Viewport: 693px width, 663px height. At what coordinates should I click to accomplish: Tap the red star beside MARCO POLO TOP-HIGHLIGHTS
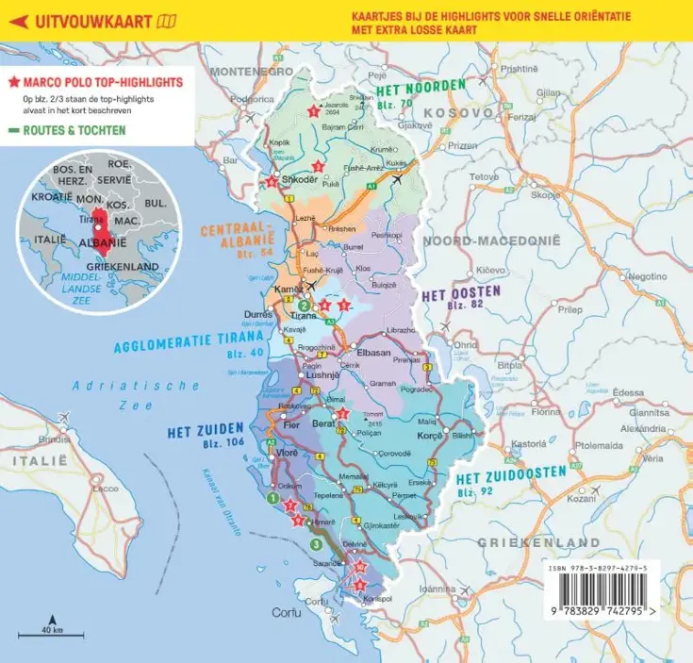[14, 82]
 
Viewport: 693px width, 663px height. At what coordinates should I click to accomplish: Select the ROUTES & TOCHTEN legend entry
[73, 130]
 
